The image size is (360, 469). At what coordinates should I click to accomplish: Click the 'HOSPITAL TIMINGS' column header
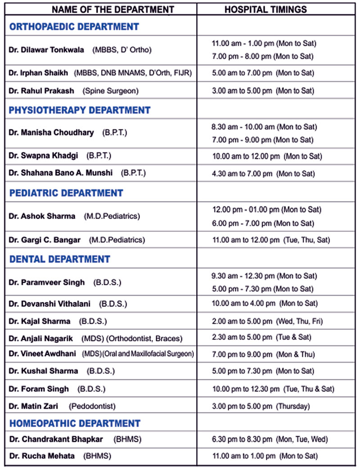click(265, 9)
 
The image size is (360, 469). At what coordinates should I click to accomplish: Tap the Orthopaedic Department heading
click(74, 27)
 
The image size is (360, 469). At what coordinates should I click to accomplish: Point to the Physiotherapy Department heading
click(80, 110)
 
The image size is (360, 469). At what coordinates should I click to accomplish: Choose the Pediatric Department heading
click(66, 193)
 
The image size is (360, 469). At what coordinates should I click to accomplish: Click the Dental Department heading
click(60, 259)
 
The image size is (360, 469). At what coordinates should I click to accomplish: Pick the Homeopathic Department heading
click(75, 424)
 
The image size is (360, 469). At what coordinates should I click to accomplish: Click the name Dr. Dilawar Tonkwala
click(46, 50)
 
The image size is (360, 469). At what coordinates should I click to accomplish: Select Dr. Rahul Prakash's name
click(40, 91)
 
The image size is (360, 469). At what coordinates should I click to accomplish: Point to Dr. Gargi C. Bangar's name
click(45, 240)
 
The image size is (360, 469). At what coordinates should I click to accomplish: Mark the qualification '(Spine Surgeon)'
click(110, 91)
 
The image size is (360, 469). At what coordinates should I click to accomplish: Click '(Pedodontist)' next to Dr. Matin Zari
click(92, 406)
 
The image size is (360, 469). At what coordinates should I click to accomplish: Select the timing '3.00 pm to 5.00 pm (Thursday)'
click(261, 406)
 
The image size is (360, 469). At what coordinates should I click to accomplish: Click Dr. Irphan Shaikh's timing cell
click(263, 73)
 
